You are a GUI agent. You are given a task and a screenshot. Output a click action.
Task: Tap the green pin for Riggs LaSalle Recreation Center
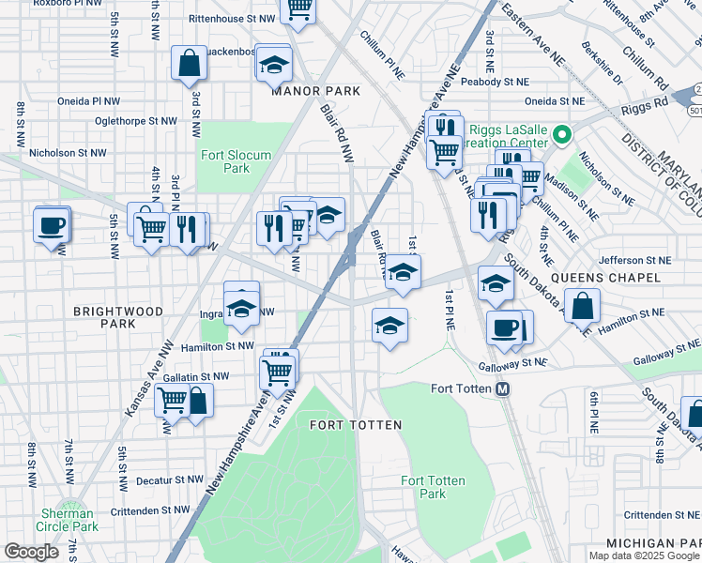point(562,135)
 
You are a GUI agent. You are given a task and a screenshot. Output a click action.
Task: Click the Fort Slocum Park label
point(224,161)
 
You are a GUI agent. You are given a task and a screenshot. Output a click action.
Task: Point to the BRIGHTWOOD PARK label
point(119,316)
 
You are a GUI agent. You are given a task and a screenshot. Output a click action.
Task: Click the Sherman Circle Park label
point(69,520)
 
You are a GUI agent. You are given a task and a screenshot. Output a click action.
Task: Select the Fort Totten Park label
point(432,487)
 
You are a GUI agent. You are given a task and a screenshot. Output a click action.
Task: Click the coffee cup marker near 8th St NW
point(51,225)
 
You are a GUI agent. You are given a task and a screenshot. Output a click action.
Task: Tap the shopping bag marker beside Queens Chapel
point(582,306)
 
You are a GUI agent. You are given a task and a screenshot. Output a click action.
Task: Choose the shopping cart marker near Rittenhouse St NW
point(298,9)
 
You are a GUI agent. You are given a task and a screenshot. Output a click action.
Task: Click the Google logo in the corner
point(31,552)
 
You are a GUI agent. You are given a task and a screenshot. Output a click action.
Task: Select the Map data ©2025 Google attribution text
point(644,555)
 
